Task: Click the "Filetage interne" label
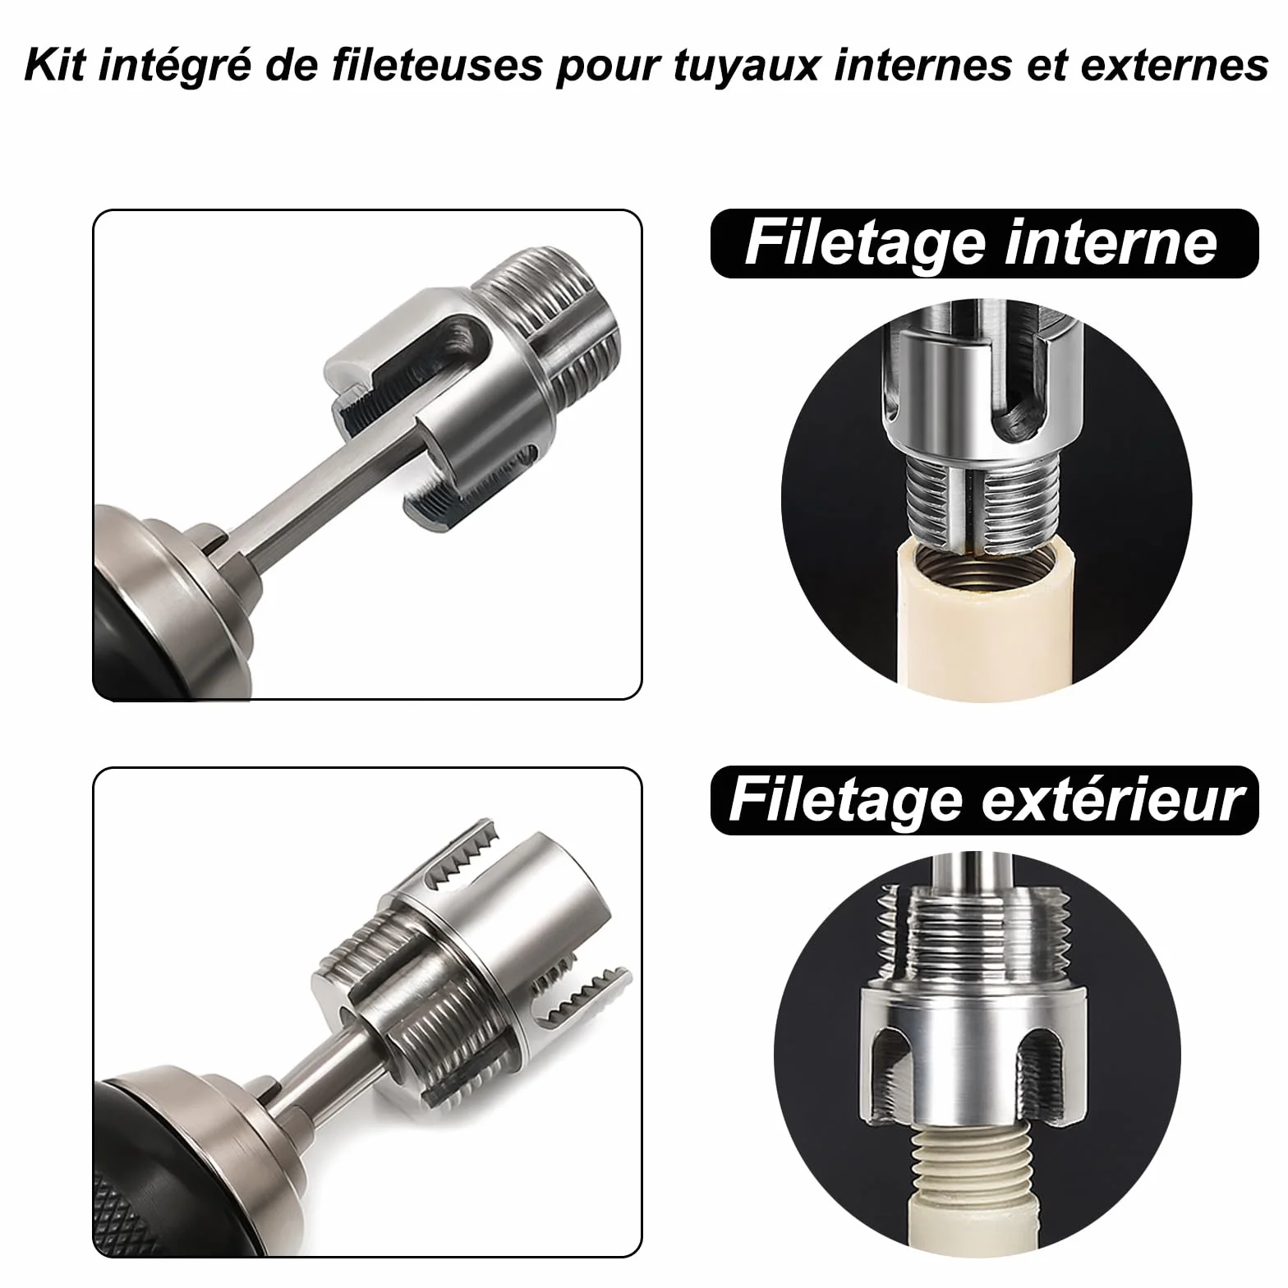coord(983,243)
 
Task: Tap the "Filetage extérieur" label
coord(983,800)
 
